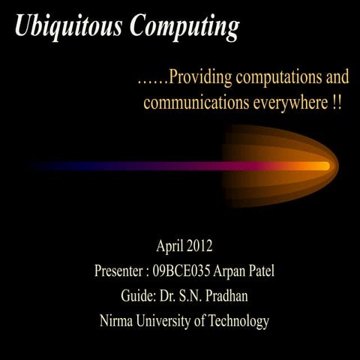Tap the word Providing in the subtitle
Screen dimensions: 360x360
(x=202, y=78)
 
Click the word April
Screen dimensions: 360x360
(x=170, y=245)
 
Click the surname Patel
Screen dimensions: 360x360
(x=263, y=271)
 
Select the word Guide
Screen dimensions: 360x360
(x=138, y=296)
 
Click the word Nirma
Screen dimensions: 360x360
(x=117, y=322)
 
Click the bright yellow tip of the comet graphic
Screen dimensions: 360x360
(x=321, y=166)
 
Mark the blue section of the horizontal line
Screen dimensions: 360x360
(x=82, y=166)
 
